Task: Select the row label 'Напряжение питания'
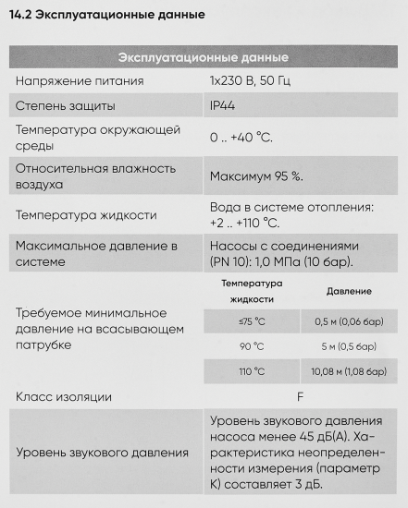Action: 79,81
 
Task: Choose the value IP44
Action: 223,107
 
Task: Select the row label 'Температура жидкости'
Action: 86,215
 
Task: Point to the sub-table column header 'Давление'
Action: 349,291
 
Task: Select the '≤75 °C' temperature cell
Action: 252,321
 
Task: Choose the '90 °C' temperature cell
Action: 252,347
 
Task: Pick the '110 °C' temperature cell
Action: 252,372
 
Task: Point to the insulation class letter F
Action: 300,397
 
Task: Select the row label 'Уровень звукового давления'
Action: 102,453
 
